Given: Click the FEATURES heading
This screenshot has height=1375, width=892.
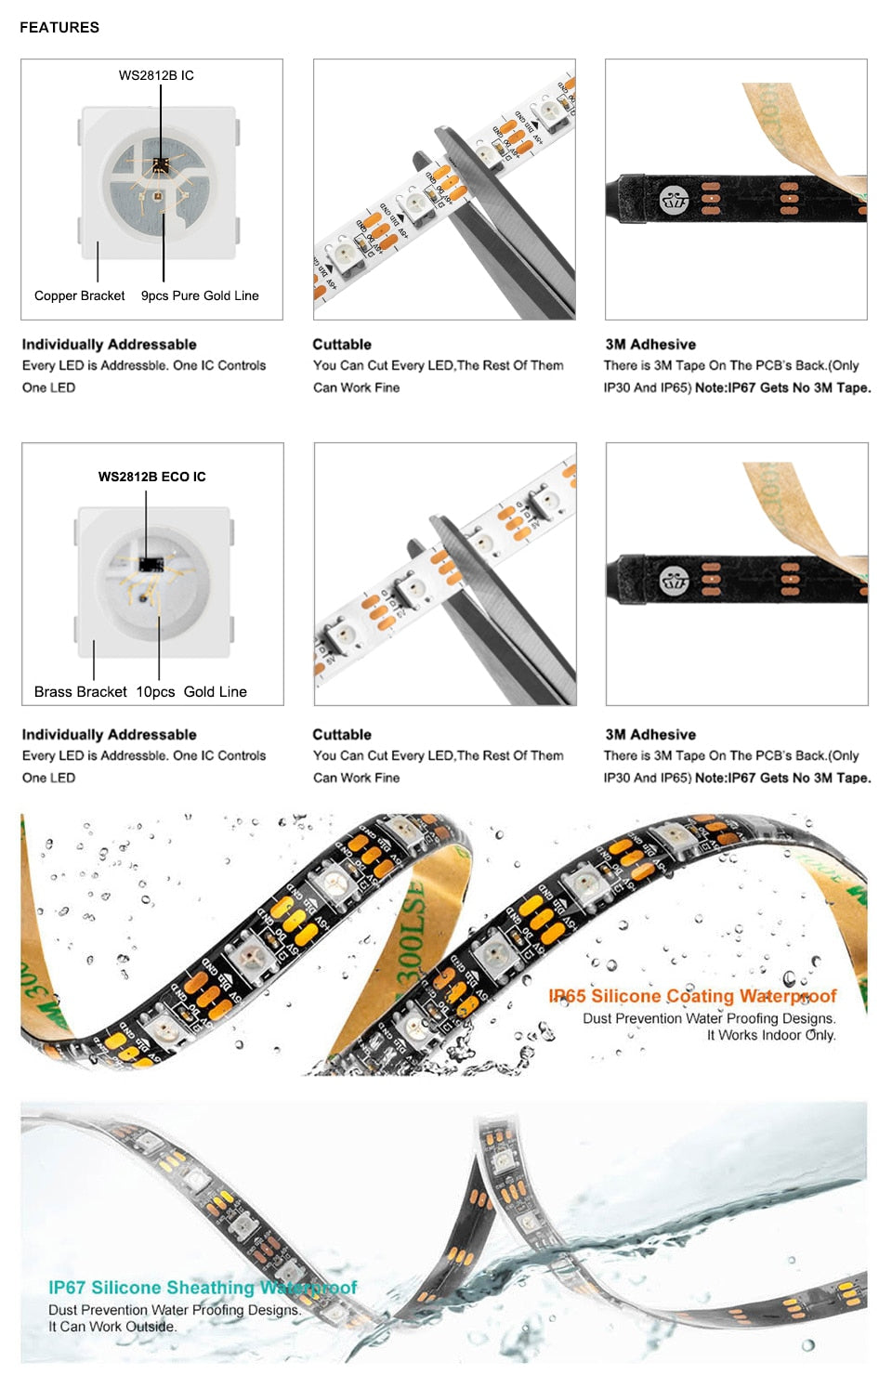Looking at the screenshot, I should point(59,27).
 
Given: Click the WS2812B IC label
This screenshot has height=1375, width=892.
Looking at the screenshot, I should point(156,75).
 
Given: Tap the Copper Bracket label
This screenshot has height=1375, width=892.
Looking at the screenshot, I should point(79,295).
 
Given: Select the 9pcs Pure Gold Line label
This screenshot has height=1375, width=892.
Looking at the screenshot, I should point(200,295).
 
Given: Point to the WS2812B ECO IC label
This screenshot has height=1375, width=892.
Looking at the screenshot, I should point(152,477).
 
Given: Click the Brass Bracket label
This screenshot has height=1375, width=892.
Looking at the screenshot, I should point(80,691).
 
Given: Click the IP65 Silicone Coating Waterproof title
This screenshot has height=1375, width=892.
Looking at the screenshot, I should point(692,996).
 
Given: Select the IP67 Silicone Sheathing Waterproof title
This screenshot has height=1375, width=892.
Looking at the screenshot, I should point(203,1287).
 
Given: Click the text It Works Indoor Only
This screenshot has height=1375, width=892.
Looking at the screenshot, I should point(771,1035).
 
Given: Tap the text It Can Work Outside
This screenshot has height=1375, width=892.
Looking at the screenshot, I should point(112,1327).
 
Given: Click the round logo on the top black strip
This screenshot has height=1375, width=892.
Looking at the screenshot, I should point(674,199).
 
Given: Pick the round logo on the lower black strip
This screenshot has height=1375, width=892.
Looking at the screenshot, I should point(674,581).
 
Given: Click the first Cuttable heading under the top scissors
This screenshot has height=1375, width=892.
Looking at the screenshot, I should point(342,344).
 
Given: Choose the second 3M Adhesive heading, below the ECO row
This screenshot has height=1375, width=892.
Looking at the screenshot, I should point(650,734).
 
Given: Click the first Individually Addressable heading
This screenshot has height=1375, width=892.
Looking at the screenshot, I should point(109,344).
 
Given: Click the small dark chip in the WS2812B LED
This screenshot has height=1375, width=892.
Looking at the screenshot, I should point(160,164).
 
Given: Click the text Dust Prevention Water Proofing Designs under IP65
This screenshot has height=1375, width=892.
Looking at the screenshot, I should point(709,1018).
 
